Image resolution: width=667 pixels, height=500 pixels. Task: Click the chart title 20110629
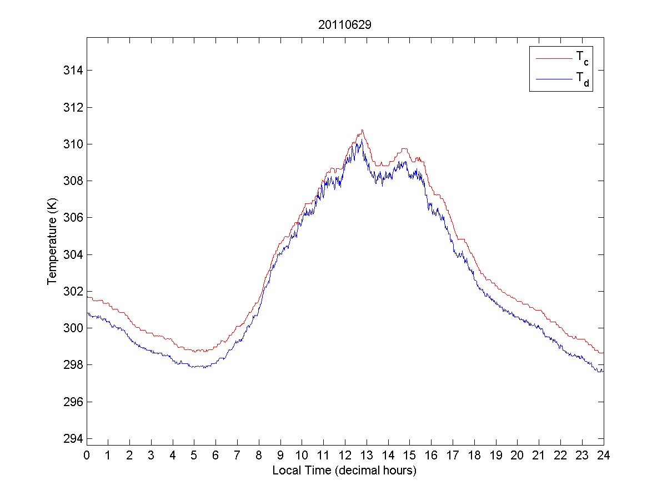click(x=345, y=25)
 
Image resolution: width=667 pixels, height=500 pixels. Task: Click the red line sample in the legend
click(x=553, y=58)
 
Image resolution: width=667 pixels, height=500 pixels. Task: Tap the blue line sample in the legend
click(x=553, y=80)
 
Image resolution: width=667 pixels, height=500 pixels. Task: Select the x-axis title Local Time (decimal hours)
click(x=344, y=471)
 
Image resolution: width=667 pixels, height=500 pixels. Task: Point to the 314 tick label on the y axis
click(x=73, y=71)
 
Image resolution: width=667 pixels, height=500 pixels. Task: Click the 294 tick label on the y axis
click(x=73, y=439)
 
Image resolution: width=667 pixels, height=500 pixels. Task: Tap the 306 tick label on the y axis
click(x=73, y=218)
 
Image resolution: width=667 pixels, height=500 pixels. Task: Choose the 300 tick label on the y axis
click(x=73, y=328)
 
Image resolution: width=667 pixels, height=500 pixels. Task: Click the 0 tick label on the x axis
click(x=87, y=456)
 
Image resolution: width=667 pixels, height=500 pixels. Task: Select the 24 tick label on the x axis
click(x=604, y=456)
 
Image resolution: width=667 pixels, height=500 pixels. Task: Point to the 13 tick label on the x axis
click(x=367, y=456)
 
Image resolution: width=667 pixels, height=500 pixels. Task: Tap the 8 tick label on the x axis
click(x=259, y=456)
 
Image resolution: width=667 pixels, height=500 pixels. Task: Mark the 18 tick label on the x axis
click(x=474, y=456)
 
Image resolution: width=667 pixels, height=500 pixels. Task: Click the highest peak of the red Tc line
click(x=362, y=130)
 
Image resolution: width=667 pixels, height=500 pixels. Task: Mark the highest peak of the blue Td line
click(x=362, y=139)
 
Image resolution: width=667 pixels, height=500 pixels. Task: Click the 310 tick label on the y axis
click(x=73, y=144)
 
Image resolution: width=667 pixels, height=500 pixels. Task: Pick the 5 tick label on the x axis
click(x=194, y=456)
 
